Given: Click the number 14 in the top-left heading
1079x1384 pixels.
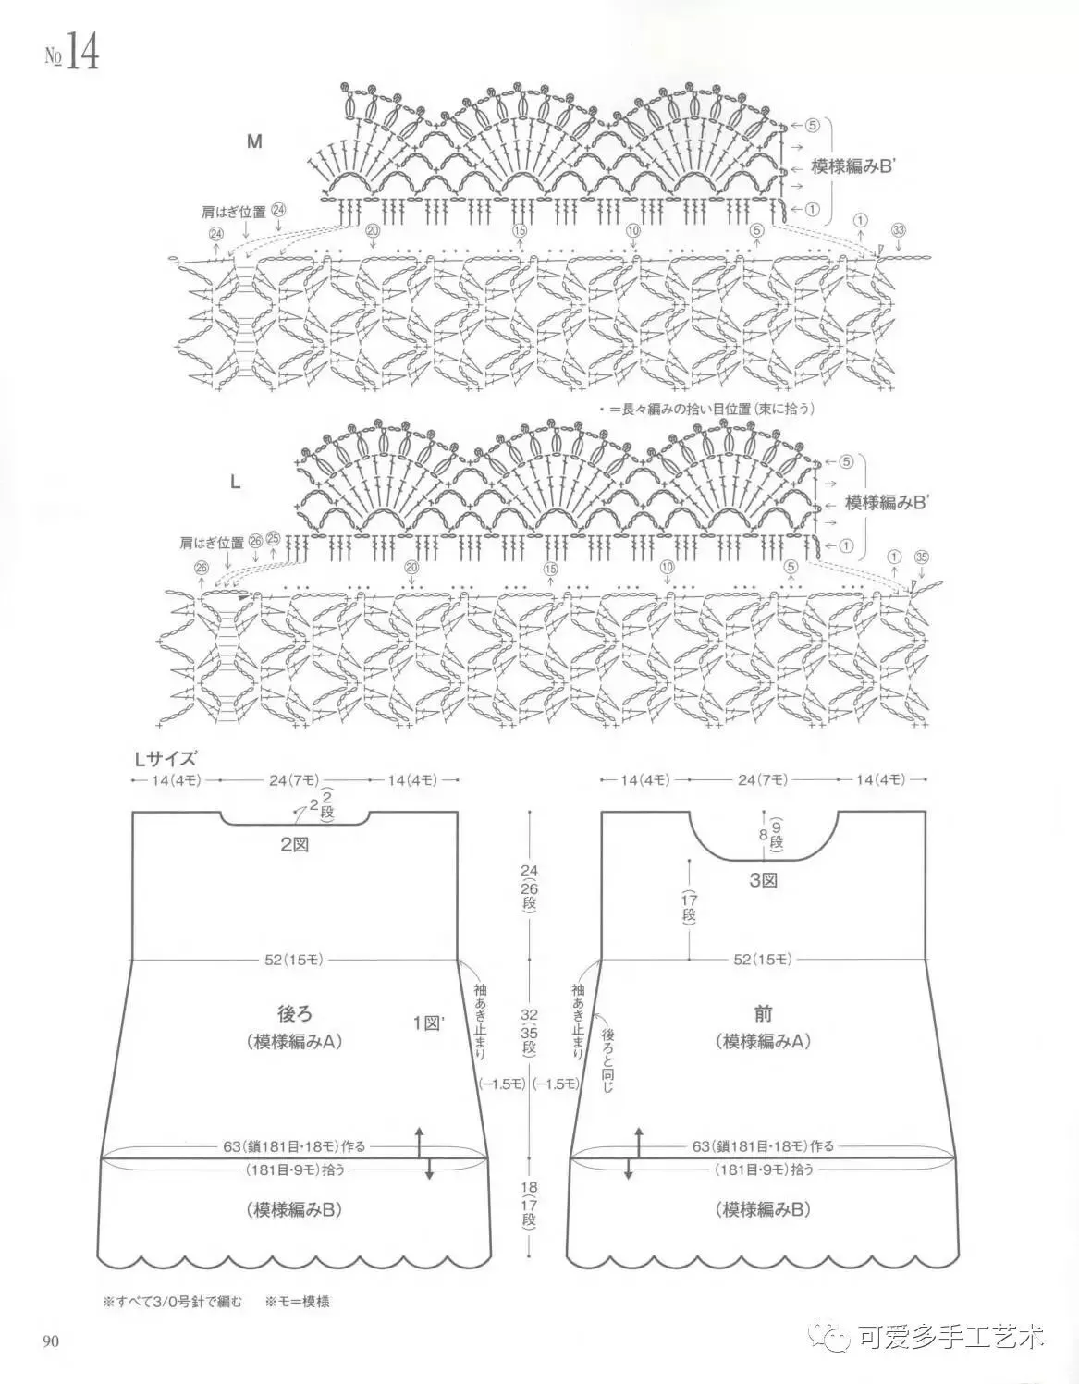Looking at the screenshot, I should tap(81, 54).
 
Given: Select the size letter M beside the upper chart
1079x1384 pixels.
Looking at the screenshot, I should tap(254, 142).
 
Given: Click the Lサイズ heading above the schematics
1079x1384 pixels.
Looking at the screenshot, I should tap(166, 759).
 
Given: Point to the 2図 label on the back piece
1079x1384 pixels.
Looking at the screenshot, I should tap(295, 843).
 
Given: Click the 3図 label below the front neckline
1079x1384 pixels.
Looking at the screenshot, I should tap(764, 881).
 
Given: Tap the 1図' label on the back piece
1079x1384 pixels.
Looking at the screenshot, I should tap(429, 1023).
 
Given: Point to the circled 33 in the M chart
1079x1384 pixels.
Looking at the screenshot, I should tap(899, 228).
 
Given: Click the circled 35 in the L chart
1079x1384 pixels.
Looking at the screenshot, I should tap(921, 557).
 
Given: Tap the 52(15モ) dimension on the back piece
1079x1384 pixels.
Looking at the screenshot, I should tap(294, 960).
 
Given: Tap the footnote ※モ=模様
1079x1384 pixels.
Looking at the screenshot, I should tap(298, 1301).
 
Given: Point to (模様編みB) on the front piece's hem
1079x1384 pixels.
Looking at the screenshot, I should tap(764, 1208).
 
